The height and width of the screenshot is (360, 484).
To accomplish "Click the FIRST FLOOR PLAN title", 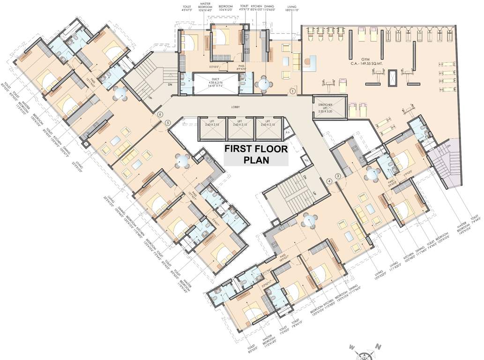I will click(255, 154).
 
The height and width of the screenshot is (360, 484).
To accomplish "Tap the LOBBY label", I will click(235, 107).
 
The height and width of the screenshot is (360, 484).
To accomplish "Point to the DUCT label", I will click(216, 80).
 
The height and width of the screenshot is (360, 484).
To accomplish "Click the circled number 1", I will click(293, 91).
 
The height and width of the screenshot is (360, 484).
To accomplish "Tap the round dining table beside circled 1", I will click(265, 84).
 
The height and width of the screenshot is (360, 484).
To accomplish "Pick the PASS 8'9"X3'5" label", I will click(242, 67).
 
